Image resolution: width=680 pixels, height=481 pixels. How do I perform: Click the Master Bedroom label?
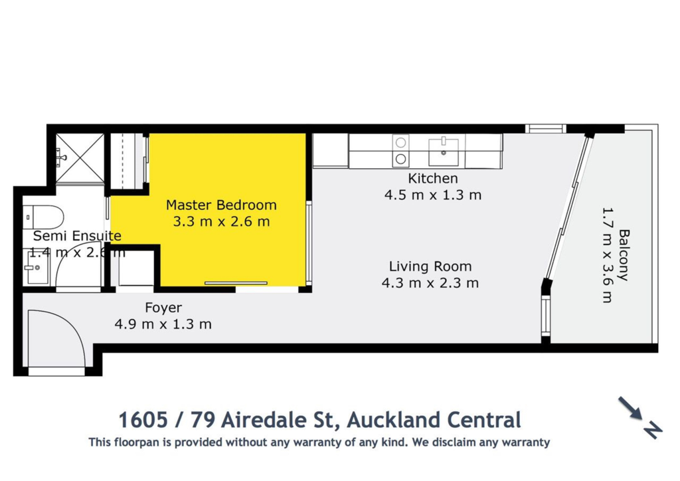[221, 205]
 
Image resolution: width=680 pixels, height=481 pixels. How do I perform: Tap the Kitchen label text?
[433, 178]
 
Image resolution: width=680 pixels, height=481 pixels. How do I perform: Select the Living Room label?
[430, 266]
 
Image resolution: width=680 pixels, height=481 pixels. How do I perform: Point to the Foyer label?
[163, 308]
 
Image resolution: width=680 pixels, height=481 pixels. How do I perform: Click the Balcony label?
[624, 255]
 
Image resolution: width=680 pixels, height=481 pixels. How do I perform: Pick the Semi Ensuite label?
[77, 236]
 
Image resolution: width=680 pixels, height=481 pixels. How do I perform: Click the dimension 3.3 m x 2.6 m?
[221, 222]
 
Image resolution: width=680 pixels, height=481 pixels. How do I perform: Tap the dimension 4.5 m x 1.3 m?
[433, 195]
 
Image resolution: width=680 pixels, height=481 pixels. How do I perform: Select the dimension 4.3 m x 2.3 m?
[430, 283]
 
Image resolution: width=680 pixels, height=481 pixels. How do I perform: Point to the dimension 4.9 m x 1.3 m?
[163, 324]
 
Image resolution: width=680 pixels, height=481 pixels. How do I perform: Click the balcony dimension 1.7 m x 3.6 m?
[608, 255]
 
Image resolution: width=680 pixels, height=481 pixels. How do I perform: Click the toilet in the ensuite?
[43, 217]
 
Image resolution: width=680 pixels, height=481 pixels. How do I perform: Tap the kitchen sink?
[443, 151]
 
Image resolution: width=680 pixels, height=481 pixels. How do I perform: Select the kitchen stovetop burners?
[400, 151]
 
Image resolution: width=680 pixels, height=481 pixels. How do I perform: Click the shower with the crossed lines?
[80, 157]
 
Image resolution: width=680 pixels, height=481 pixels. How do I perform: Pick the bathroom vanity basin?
[37, 267]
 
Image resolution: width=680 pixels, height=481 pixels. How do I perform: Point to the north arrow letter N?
[653, 430]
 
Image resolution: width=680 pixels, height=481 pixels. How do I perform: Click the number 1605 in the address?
[143, 420]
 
